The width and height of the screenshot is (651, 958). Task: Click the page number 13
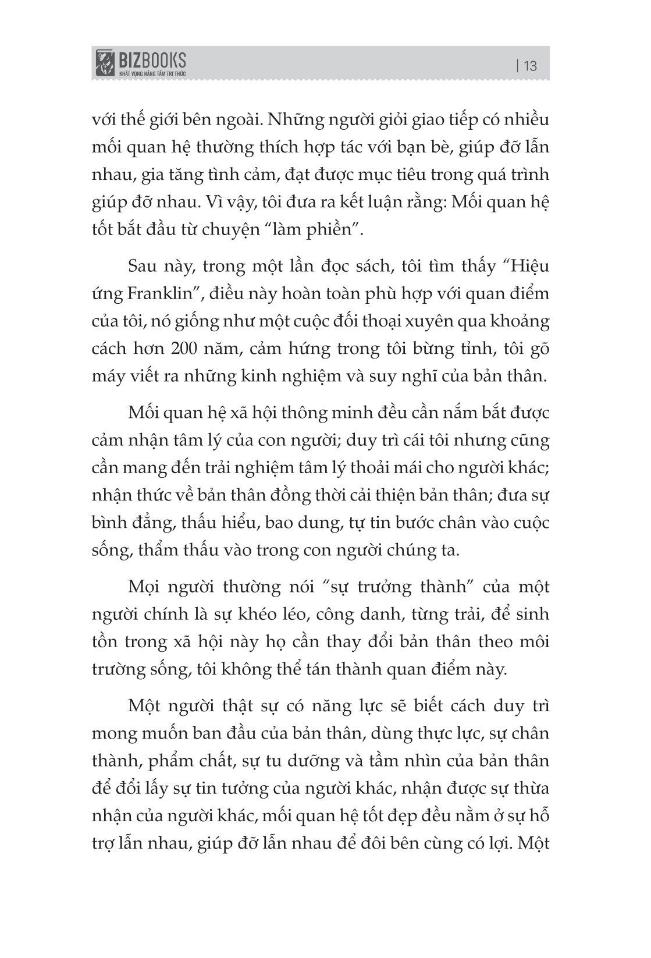(x=530, y=66)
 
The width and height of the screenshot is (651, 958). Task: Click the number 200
(x=187, y=349)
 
